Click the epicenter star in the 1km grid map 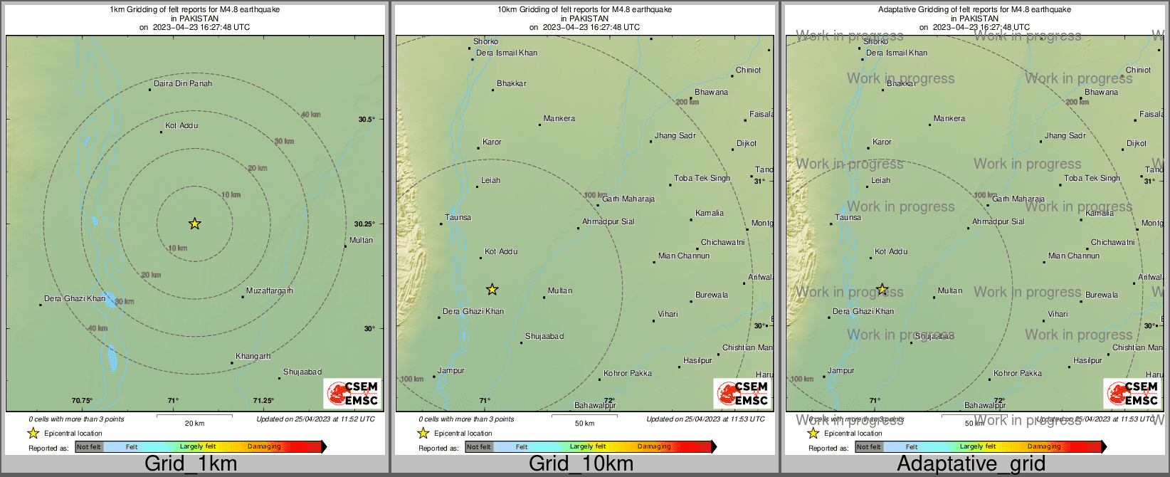tap(194, 224)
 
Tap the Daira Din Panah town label tap(183, 83)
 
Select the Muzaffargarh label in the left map tap(269, 290)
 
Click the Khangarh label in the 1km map tap(253, 356)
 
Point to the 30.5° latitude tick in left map tap(366, 119)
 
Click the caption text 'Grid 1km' tap(191, 463)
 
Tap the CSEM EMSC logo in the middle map tap(742, 393)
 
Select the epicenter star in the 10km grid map tap(492, 289)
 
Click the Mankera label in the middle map tap(559, 118)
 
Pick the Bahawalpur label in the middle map tap(595, 405)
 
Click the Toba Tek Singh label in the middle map tap(702, 178)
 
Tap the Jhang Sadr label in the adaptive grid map tap(1065, 135)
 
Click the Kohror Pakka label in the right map tap(1017, 373)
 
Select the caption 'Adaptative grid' tap(971, 463)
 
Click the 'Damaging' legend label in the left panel tap(264, 446)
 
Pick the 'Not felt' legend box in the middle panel tap(478, 446)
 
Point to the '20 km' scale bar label tap(194, 423)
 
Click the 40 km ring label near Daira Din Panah tap(310, 115)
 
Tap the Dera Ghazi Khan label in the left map tap(74, 298)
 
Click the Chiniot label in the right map tap(1138, 70)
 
